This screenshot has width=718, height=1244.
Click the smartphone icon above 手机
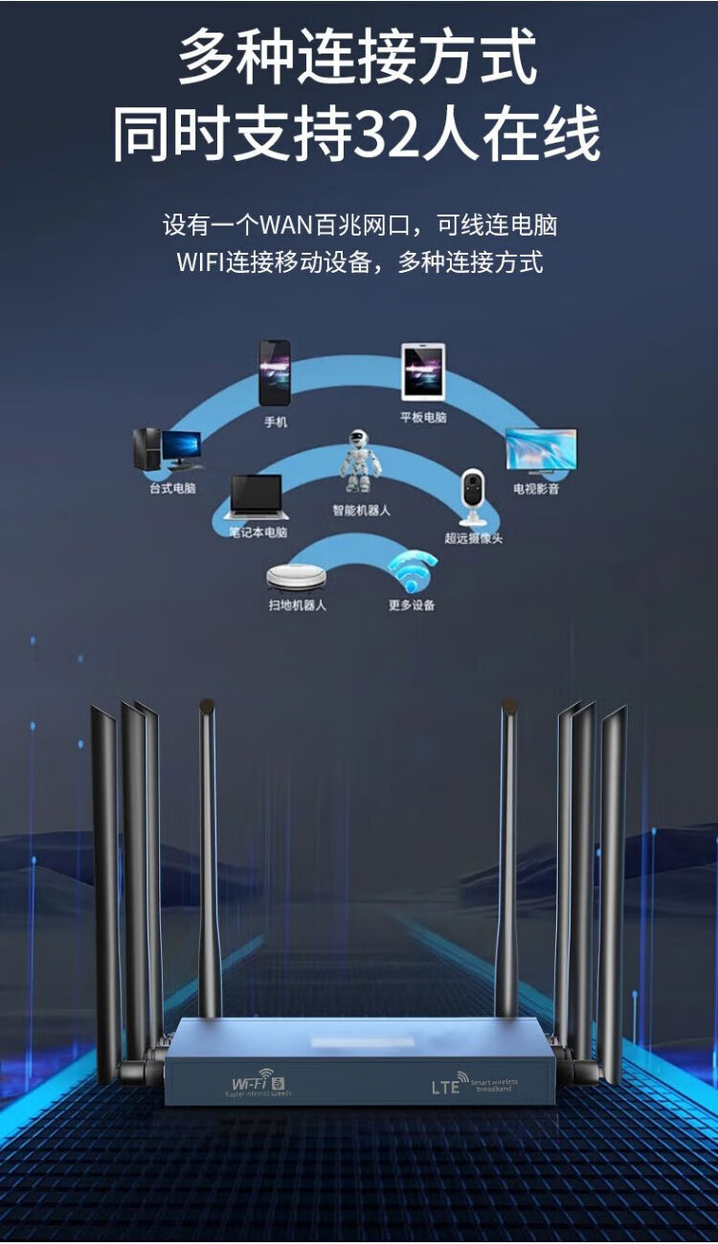pos(275,373)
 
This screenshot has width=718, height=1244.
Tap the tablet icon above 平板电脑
pos(423,373)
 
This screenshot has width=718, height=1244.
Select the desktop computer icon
pos(168,449)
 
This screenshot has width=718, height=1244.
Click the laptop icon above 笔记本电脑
pos(258,497)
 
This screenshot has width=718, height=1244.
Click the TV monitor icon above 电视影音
pos(541,450)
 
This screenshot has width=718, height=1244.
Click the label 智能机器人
pos(361,510)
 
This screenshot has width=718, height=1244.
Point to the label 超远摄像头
pos(473,538)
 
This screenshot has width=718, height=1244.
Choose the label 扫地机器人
pos(297,605)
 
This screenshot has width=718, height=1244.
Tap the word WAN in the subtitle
pos(286,226)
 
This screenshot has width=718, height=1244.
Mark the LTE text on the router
pos(446,1087)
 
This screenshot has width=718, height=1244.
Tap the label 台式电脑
pos(172,488)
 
